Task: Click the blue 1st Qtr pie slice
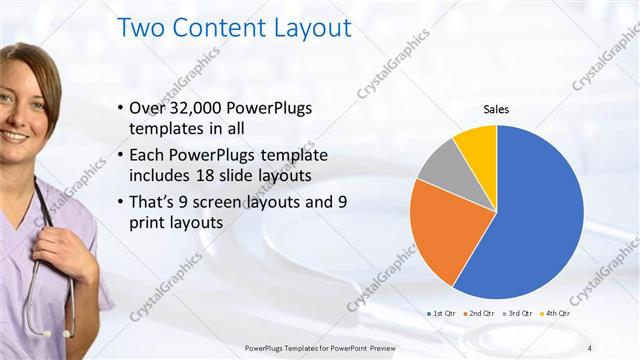[540, 220]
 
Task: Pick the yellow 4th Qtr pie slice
[477, 146]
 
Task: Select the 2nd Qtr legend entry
[480, 314]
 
